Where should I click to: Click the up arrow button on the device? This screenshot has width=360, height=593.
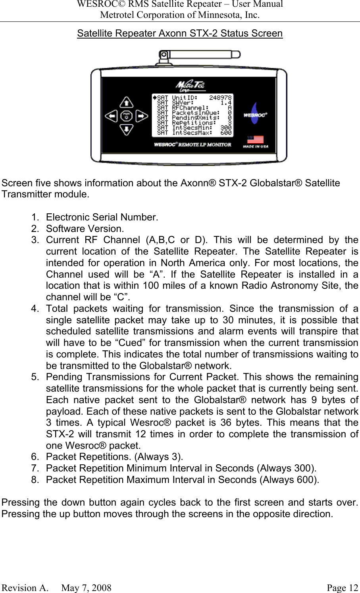tap(126, 102)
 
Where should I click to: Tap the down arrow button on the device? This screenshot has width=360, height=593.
tap(126, 129)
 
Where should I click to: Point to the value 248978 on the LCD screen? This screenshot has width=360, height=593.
tap(220, 97)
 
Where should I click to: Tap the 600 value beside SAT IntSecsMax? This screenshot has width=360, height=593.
tap(226, 133)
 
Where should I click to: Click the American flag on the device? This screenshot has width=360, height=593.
tap(256, 140)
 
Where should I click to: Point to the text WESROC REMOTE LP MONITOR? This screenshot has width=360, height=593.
tap(193, 145)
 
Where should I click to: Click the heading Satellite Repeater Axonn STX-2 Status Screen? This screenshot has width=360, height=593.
tap(180, 33)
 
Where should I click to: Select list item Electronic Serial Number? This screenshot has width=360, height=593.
tap(102, 217)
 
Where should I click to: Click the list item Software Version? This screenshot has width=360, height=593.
tap(85, 229)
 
